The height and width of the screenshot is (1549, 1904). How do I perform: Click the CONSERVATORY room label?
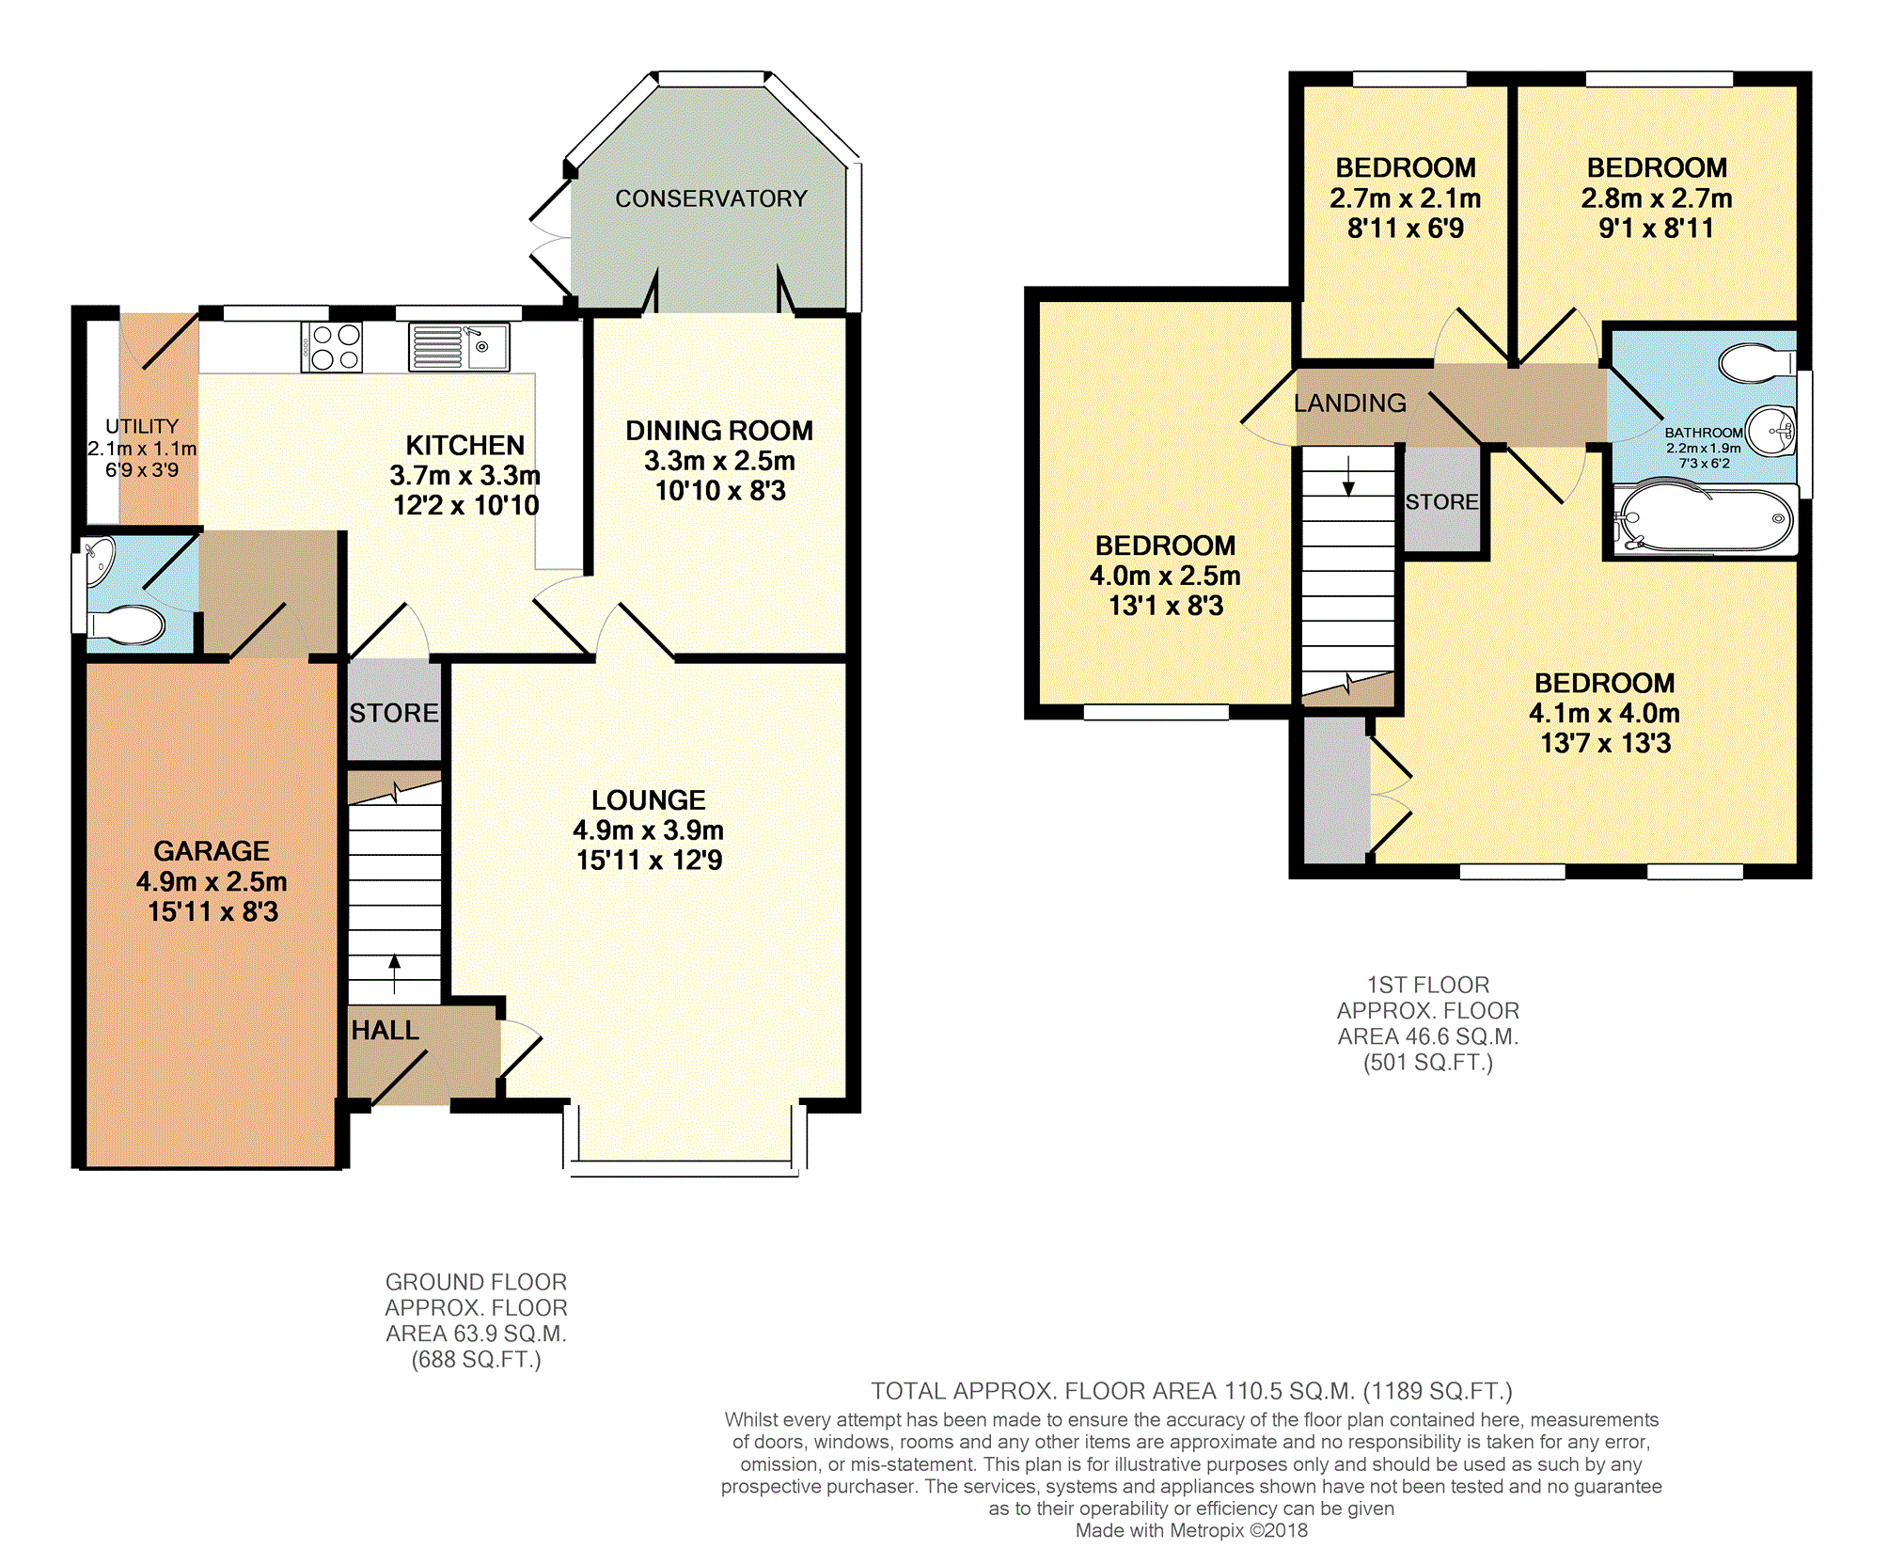click(x=711, y=198)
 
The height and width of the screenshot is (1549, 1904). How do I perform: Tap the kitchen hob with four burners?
click(x=332, y=347)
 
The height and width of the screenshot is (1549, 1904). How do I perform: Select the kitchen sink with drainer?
click(x=459, y=347)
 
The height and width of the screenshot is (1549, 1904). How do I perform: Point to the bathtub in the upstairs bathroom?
click(x=1704, y=518)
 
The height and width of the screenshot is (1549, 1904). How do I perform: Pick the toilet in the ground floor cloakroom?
click(x=126, y=624)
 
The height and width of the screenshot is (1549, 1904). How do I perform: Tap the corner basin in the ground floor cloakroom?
click(x=99, y=560)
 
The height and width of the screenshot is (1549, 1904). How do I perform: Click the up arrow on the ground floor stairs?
click(x=395, y=974)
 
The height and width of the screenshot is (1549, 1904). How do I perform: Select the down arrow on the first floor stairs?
click(x=1348, y=476)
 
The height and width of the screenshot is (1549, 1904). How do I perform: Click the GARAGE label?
click(x=212, y=851)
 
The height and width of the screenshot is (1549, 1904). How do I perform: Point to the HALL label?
click(x=385, y=1031)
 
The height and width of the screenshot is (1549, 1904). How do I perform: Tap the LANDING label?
click(x=1350, y=403)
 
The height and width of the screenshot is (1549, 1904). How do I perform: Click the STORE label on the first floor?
click(x=1442, y=502)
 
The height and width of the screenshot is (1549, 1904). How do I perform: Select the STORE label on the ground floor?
click(x=394, y=713)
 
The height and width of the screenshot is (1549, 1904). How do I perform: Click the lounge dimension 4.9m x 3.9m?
click(x=649, y=830)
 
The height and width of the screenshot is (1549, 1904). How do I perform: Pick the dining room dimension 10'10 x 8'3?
click(x=720, y=491)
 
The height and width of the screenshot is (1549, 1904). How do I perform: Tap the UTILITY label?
click(x=142, y=426)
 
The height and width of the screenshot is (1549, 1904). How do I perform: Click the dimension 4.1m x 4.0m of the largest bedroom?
click(x=1605, y=713)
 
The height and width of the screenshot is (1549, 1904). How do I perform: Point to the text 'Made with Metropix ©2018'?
click(x=1191, y=1530)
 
